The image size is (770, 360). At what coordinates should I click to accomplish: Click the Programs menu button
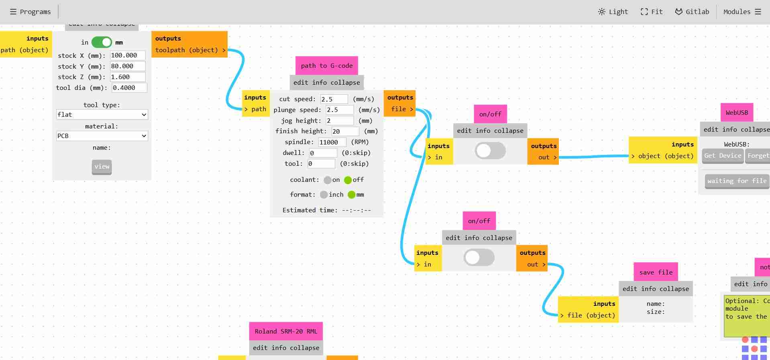[31, 12]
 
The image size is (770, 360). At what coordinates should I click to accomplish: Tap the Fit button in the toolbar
[652, 12]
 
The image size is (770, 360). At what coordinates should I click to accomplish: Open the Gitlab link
[692, 12]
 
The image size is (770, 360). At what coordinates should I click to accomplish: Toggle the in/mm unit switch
[102, 42]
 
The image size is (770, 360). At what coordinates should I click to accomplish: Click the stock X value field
[128, 55]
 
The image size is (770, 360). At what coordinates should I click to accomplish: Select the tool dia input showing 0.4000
[129, 87]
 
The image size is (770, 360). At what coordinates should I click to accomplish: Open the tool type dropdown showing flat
[102, 114]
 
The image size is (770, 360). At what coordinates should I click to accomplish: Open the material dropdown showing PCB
[102, 136]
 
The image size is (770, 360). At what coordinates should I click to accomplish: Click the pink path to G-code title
[327, 66]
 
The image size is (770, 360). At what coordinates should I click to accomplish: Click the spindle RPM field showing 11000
[332, 142]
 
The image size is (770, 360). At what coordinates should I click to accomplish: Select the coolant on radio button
[328, 180]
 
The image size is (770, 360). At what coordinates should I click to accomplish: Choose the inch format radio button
[324, 195]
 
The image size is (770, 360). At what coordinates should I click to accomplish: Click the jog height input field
[340, 120]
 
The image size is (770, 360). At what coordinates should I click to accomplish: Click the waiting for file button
[737, 181]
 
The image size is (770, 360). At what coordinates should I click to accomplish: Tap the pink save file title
[656, 272]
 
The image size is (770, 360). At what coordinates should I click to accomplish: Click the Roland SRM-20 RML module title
[286, 332]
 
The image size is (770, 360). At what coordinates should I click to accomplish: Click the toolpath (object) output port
[190, 50]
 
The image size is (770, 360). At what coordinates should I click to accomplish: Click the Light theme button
[613, 12]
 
